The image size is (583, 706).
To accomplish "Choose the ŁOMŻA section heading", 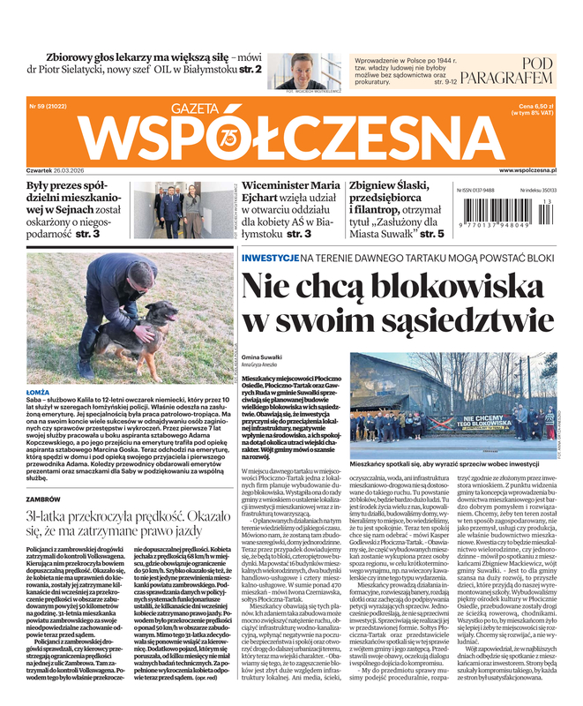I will click(39, 391).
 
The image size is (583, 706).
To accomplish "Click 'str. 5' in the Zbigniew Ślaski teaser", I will click(432, 235).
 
